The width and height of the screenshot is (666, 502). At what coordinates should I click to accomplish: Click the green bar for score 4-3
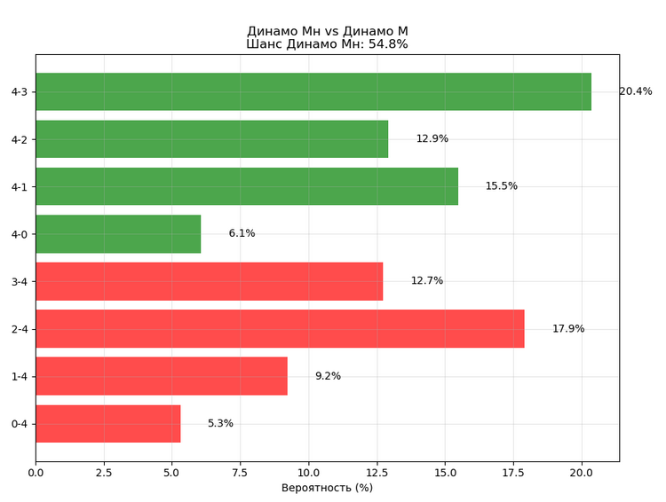tap(313, 91)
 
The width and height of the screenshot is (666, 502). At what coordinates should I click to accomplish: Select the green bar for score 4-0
tap(118, 234)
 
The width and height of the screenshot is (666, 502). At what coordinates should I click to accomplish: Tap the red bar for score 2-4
tap(280, 329)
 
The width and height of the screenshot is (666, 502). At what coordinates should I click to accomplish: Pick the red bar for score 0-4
tap(107, 424)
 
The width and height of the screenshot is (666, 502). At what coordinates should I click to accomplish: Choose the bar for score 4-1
tap(247, 186)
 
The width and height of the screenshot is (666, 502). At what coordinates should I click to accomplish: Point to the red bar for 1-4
tap(161, 376)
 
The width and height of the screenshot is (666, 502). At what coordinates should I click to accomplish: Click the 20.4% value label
tap(635, 91)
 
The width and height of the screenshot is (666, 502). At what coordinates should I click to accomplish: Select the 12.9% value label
tap(432, 139)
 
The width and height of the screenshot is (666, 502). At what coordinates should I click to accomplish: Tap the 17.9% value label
tap(568, 329)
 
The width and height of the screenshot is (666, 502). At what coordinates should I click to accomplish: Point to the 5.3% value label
tap(220, 424)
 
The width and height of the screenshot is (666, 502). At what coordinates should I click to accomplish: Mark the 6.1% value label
tap(242, 234)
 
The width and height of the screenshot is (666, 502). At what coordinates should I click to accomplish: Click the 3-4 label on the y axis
tap(20, 281)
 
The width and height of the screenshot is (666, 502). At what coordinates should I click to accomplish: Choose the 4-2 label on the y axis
tap(20, 139)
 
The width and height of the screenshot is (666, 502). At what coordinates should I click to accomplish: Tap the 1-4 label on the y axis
tap(20, 376)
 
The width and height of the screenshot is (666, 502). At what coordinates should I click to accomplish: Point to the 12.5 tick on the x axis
tap(377, 474)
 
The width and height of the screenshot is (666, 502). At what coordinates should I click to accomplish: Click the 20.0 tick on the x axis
tap(582, 474)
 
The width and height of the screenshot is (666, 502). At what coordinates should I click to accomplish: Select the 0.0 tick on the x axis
tap(36, 474)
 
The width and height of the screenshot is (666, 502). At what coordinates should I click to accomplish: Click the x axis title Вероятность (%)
tap(327, 488)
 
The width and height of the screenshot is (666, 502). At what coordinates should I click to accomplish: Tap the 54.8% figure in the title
tap(388, 44)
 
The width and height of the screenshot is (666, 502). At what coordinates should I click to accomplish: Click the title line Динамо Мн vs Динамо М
tap(327, 31)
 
